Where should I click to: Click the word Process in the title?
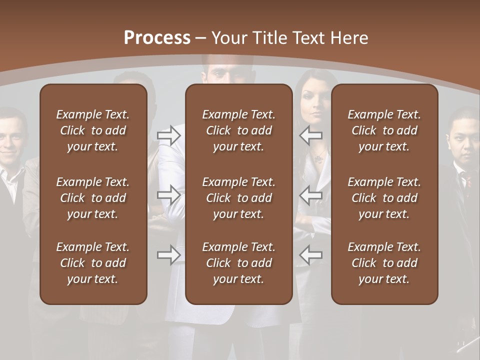[157, 38]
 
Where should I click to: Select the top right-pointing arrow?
[169, 135]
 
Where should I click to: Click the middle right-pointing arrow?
[169, 195]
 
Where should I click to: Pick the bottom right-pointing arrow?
[169, 255]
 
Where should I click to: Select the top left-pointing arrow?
[311, 135]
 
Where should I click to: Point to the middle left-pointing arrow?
[311, 195]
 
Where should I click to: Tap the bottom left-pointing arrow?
[311, 255]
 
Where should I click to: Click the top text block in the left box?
[93, 130]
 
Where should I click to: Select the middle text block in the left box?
[93, 198]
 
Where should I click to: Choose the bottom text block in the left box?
[93, 263]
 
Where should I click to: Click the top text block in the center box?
[238, 130]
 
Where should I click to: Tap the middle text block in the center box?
[238, 198]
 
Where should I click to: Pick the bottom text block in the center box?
[238, 263]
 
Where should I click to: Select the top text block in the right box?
[384, 130]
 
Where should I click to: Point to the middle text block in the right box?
[384, 198]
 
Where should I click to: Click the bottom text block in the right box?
[384, 263]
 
